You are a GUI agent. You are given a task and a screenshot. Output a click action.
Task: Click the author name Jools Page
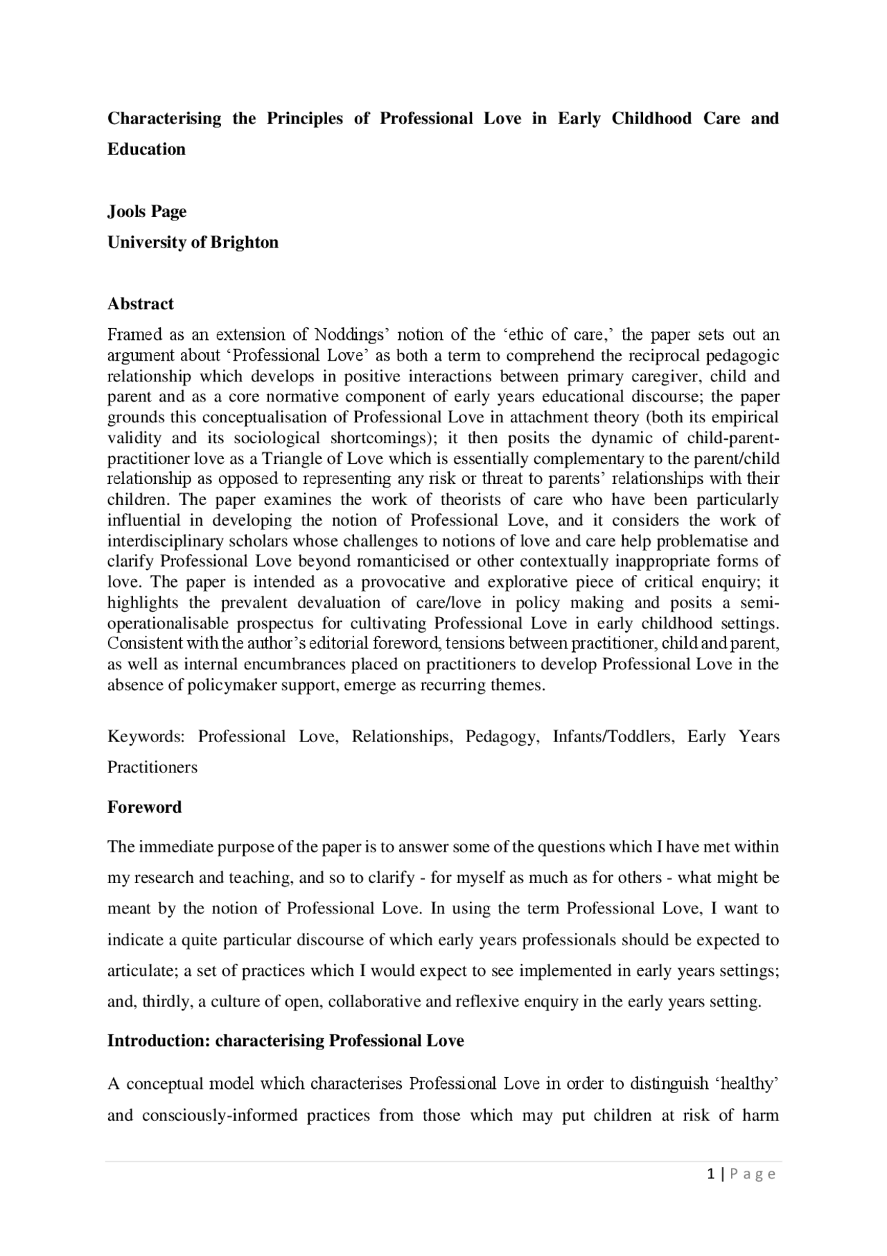(147, 212)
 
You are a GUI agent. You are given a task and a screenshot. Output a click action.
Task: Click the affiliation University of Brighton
(193, 242)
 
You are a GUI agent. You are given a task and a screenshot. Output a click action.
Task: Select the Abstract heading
(140, 304)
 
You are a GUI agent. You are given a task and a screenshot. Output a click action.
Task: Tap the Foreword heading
(144, 807)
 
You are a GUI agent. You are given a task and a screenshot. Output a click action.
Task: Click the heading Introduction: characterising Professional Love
(286, 1041)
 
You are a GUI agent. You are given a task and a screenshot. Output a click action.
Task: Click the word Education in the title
(146, 149)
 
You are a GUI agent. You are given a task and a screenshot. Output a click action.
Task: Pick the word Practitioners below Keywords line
(152, 767)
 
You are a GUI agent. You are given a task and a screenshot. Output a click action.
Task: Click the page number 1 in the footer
(711, 1174)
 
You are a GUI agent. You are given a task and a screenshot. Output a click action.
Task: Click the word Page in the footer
(752, 1174)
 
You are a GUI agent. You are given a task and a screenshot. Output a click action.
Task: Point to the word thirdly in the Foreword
(167, 1002)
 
